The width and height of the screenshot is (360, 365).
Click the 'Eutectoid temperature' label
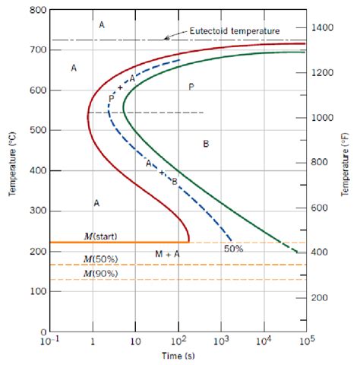tap(229, 30)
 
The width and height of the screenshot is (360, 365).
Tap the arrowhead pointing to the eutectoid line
tap(166, 37)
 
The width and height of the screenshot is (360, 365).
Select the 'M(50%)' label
tap(100, 259)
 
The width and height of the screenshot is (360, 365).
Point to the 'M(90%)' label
tap(100, 272)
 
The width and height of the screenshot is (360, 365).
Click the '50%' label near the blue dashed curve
tap(233, 248)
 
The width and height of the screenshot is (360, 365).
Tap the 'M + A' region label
tap(167, 254)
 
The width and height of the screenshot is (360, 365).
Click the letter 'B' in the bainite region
tap(206, 144)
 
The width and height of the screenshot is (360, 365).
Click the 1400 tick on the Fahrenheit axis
tap(323, 27)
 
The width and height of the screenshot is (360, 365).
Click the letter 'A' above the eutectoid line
tap(102, 25)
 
